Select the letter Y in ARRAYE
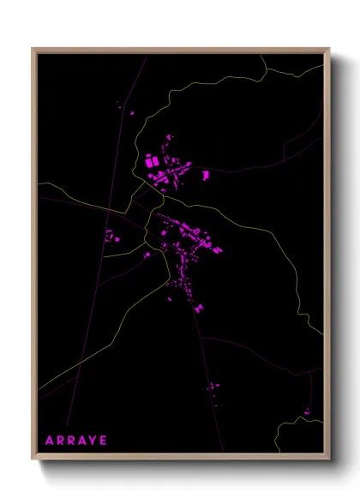(x=92, y=441)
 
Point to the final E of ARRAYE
(x=104, y=441)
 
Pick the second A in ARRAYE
(x=81, y=441)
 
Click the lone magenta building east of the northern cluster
(x=206, y=175)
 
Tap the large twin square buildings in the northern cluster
(x=152, y=160)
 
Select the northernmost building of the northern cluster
(x=170, y=135)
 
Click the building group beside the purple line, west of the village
(x=109, y=235)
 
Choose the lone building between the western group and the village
(x=147, y=254)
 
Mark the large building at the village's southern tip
(x=198, y=306)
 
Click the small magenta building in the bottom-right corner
(x=306, y=412)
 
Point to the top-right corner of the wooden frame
(x=329, y=49)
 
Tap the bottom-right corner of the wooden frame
(x=329, y=460)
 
